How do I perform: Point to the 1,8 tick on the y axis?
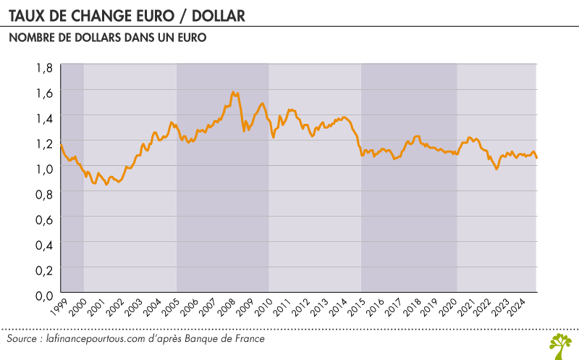tap(44, 67)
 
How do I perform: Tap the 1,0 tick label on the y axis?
tap(44, 168)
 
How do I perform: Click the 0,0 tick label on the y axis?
tap(44, 295)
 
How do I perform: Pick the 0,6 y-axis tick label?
tap(44, 219)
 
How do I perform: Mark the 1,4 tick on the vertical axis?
tap(44, 117)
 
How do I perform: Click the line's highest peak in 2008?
tap(233, 92)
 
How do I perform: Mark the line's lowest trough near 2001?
tap(106, 184)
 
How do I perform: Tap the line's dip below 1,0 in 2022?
tap(496, 169)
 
